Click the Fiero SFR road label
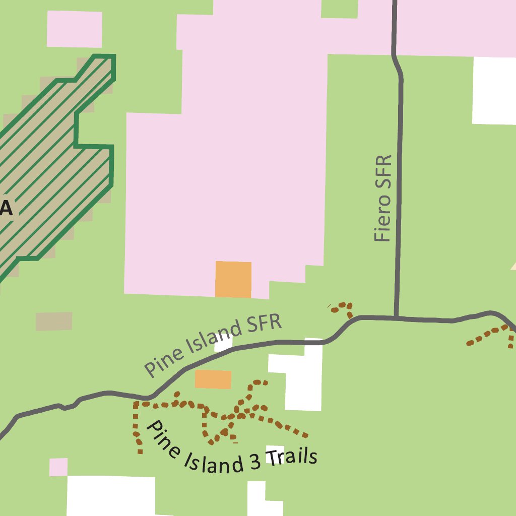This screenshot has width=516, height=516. coord(383,198)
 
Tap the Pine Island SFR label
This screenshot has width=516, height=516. coord(213,345)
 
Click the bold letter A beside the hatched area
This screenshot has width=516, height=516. coord(6,207)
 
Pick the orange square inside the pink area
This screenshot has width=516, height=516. coord(233,279)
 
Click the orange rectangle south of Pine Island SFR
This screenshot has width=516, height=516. coord(213,379)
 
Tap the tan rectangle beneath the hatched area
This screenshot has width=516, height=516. coord(54,321)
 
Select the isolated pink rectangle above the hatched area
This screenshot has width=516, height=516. coord(75,29)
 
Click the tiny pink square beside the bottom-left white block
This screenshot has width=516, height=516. coord(58,467)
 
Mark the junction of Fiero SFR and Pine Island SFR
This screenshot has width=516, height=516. coord(397,318)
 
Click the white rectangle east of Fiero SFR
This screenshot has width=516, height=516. coord(494,91)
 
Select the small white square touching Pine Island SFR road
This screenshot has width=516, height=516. coord(223,344)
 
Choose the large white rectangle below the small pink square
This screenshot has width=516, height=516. coord(111,496)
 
